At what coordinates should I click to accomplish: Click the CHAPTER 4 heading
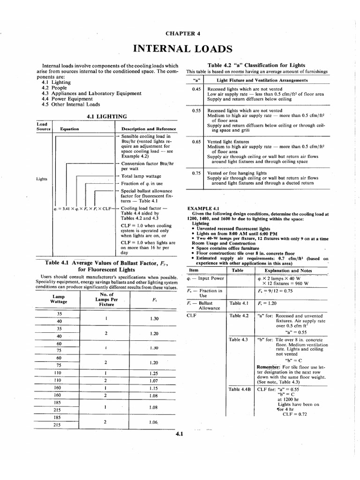tap(180, 33)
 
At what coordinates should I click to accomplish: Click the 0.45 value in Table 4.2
tap(196, 89)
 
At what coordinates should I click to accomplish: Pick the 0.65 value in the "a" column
tap(196, 141)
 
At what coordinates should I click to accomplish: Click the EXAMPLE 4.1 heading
tap(203, 207)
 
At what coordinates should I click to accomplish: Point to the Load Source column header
tap(43, 126)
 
